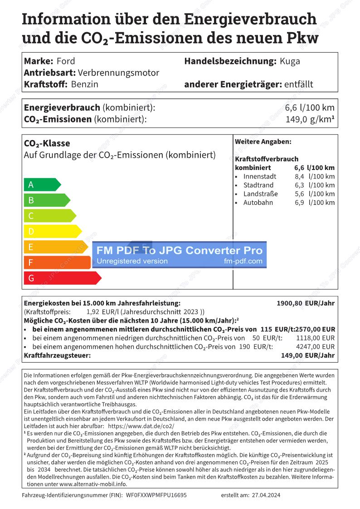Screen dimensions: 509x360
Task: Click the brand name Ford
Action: tap(66, 61)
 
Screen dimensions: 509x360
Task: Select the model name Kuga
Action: tap(290, 61)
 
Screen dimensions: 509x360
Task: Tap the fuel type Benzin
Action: tap(85, 84)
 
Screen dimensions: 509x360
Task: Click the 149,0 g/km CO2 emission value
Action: tap(310, 119)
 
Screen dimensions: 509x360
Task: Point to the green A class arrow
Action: tap(41, 184)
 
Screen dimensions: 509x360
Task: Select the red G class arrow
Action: tap(62, 278)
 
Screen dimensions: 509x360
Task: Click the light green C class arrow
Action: tap(49, 216)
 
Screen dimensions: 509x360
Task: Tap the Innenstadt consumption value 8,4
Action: tap(299, 176)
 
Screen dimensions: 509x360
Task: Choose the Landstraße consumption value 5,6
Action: tap(299, 194)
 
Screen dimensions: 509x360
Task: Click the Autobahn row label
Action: tap(258, 203)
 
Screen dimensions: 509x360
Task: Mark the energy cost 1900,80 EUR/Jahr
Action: tap(306, 303)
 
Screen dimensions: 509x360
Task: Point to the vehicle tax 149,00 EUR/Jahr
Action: tap(308, 355)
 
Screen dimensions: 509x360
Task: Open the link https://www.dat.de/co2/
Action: tap(141, 427)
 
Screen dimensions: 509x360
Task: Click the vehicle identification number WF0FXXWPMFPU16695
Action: tap(156, 495)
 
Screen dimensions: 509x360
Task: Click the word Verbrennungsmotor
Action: tap(119, 73)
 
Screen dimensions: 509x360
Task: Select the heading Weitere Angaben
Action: tap(263, 142)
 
